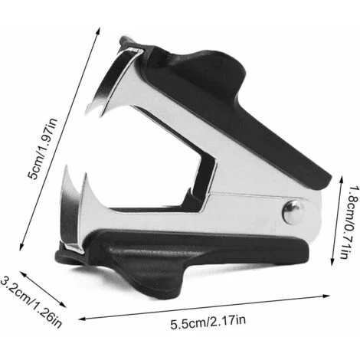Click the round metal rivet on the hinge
tap(293, 213)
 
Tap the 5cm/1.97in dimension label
tap(43, 149)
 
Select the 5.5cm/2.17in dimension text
tap(208, 322)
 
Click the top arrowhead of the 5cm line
tap(98, 31)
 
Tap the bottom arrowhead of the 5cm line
tap(21, 247)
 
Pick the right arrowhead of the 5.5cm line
tap(326, 296)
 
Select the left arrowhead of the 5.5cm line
tap(82, 319)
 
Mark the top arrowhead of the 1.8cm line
tap(341, 180)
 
